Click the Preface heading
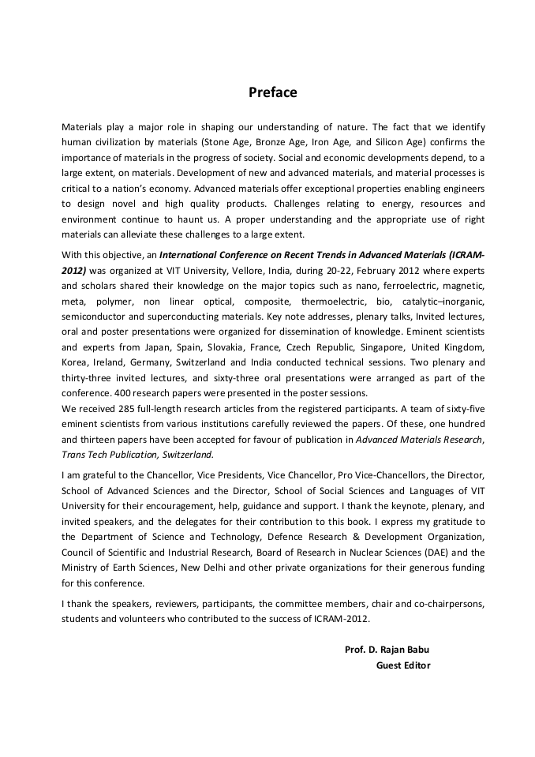point(273,92)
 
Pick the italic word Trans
point(73,455)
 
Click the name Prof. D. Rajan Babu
point(387,650)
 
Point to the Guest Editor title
point(402,665)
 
